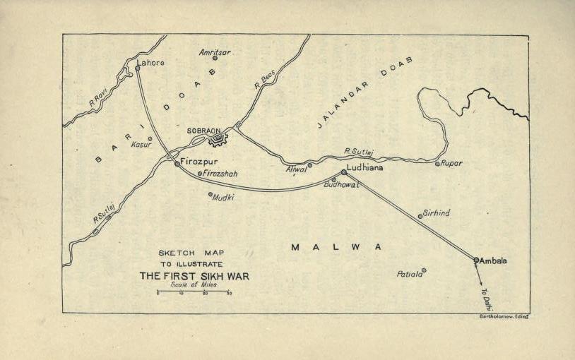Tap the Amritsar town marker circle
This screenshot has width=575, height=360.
pyautogui.click(x=215, y=58)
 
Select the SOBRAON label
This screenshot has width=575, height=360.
pyautogui.click(x=204, y=131)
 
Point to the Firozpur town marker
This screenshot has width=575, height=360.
pyautogui.click(x=177, y=163)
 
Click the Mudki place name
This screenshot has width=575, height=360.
pyautogui.click(x=224, y=197)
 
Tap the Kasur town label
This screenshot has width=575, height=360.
pyautogui.click(x=142, y=145)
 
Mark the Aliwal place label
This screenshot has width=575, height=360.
pyautogui.click(x=296, y=169)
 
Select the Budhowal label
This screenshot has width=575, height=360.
pyautogui.click(x=342, y=184)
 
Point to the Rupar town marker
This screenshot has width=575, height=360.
pyautogui.click(x=437, y=163)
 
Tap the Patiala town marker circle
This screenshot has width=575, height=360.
pyautogui.click(x=424, y=270)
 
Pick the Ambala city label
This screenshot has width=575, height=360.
pyautogui.click(x=494, y=260)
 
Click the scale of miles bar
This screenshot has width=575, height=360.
pyautogui.click(x=193, y=291)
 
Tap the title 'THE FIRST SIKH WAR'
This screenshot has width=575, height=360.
pyautogui.click(x=194, y=275)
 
